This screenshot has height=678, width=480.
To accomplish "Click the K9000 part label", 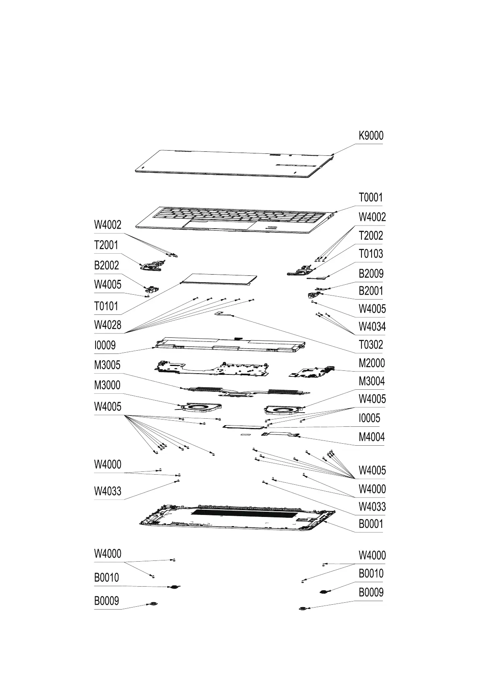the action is pos(371,136).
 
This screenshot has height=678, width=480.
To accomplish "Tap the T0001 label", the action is pos(370,198).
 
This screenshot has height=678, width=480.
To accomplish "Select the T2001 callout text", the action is pos(106,245).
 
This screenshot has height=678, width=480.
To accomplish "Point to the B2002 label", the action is pos(106,265).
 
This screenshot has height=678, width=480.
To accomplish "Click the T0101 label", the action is pos(106,306).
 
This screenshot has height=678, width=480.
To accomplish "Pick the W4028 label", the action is pos(107,325).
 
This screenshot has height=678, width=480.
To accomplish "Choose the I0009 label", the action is pos(105,345).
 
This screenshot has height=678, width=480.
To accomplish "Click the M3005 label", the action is pos(107,365).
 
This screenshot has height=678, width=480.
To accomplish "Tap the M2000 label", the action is pos(372,363).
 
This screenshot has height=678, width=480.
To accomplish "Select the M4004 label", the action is pos(372,437).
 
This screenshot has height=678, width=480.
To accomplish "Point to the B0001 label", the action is pos(371,524).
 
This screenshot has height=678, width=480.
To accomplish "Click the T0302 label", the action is pos(371,345).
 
